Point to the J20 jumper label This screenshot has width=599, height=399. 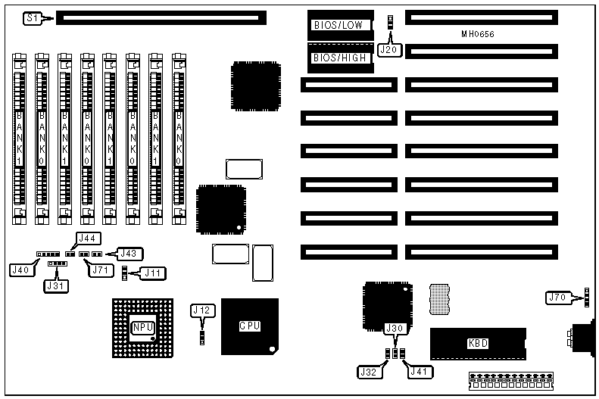[388, 50]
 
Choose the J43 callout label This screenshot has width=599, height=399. [127, 254]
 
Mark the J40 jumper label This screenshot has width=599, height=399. [20, 269]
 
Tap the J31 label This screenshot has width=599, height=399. [55, 285]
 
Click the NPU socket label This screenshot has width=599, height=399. [142, 327]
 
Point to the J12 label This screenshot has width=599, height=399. [202, 310]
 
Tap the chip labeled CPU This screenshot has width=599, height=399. [250, 326]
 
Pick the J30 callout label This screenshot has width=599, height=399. [395, 329]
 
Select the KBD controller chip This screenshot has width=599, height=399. [478, 343]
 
